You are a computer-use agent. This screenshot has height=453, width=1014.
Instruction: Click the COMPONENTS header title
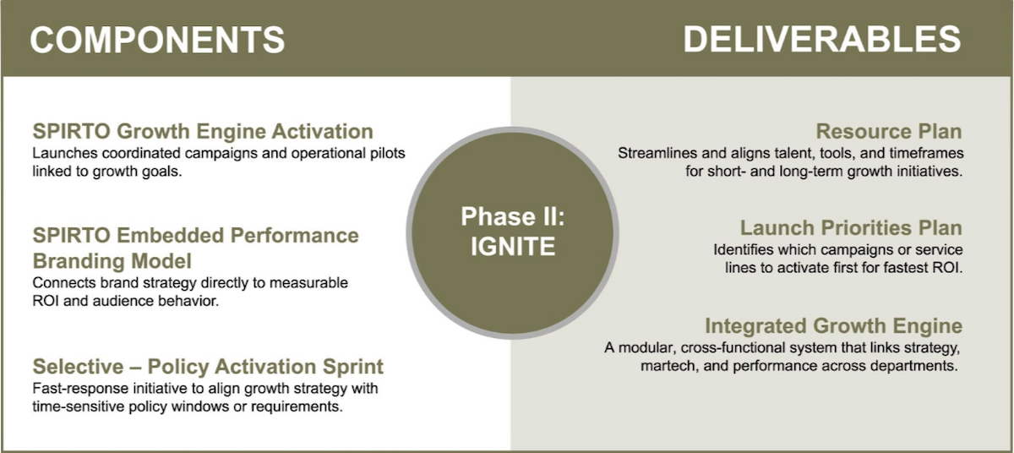point(158,40)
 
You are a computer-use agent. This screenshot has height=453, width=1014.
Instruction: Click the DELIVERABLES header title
point(821,40)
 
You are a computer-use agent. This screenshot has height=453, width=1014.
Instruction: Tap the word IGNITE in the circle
point(513,246)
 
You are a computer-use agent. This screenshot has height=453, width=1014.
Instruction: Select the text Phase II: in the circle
point(513,216)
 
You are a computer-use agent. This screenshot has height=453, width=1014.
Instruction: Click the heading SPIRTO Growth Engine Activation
point(203,132)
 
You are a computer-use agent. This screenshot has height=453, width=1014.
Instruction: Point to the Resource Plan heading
point(889,132)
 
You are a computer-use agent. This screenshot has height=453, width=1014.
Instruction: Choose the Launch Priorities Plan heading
point(851,228)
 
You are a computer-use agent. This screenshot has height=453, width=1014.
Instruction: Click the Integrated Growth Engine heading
point(833,325)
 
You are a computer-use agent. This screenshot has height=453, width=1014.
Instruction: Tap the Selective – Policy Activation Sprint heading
point(208,367)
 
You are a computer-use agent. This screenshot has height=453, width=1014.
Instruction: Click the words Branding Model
point(112,259)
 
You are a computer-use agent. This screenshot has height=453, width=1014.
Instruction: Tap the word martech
point(667,367)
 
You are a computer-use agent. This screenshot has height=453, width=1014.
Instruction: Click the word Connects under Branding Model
point(61,282)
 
